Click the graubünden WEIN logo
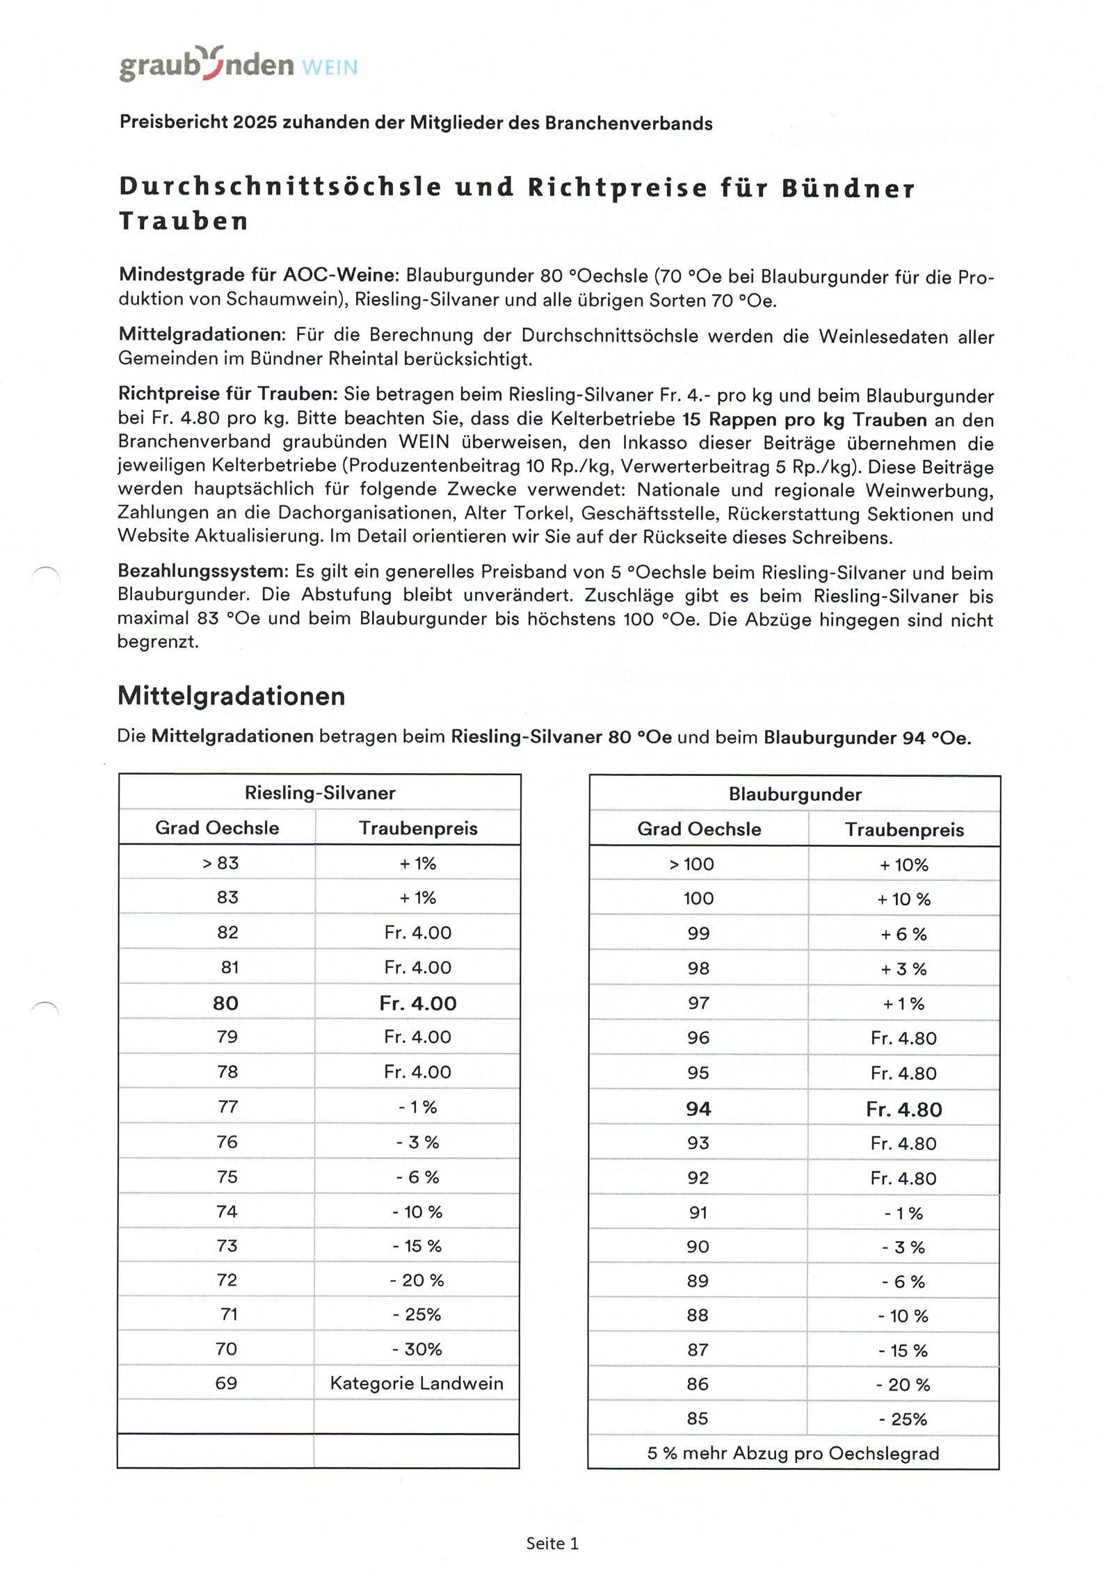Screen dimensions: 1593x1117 [x=238, y=65]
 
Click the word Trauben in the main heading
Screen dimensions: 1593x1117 [x=184, y=221]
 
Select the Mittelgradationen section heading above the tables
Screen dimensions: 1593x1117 [x=231, y=696]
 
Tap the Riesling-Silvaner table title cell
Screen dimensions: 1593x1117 [x=320, y=793]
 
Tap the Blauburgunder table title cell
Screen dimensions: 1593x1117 [x=795, y=794]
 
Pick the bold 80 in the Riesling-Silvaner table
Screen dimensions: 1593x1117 [x=225, y=1003]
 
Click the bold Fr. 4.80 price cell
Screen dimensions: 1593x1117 [x=903, y=1109]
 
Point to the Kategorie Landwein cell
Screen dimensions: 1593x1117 [x=417, y=1383]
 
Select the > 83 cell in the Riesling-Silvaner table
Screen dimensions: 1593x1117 [x=220, y=863]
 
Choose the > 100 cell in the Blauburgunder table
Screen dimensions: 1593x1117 [x=692, y=864]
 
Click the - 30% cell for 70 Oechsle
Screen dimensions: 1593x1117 [x=417, y=1349]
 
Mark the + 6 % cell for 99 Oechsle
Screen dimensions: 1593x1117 [x=903, y=934]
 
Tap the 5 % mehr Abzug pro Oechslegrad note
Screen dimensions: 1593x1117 [x=793, y=1453]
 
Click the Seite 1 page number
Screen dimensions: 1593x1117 [x=552, y=1544]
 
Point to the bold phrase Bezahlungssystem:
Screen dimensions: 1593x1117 [x=202, y=572]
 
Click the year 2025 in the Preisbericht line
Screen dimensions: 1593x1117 [x=255, y=122]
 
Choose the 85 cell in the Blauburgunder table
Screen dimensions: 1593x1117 [x=698, y=1418]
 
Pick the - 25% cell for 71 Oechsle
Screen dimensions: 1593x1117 [x=417, y=1314]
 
